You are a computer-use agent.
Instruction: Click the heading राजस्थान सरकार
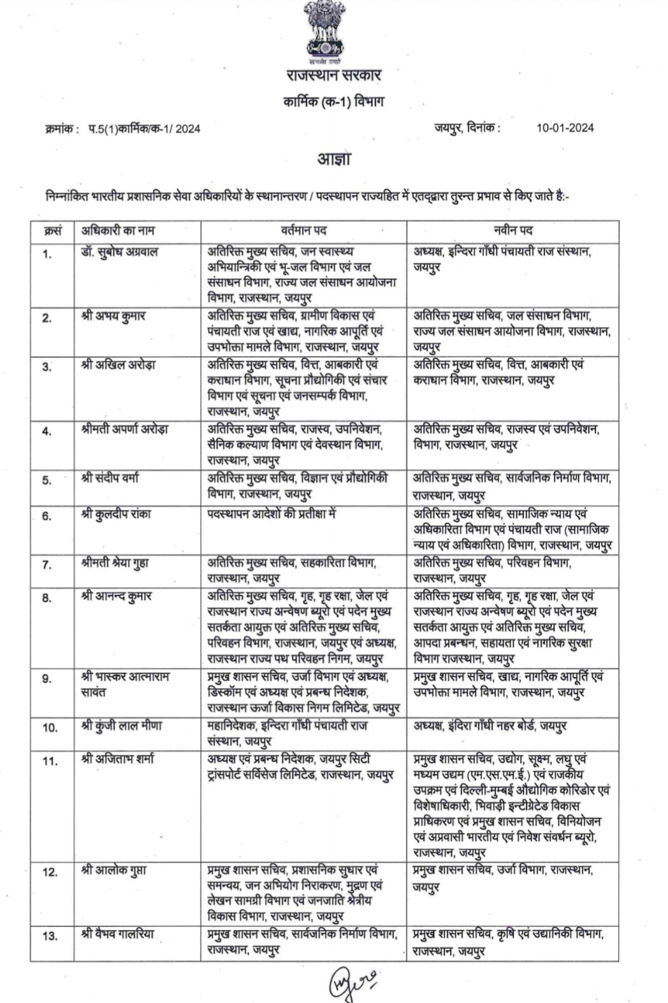click(333, 76)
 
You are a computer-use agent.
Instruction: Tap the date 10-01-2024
click(565, 128)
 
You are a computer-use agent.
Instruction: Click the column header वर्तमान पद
click(303, 230)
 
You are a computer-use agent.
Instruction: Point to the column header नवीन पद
click(513, 230)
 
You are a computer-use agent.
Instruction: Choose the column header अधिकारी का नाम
click(118, 230)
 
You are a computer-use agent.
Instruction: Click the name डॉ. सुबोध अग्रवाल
click(120, 252)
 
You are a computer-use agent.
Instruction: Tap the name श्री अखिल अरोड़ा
click(119, 366)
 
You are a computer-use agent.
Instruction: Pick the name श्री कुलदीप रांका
click(117, 514)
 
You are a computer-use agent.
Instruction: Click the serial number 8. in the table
click(47, 598)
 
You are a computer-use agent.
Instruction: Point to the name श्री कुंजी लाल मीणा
click(122, 726)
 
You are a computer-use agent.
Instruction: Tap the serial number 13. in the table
click(50, 936)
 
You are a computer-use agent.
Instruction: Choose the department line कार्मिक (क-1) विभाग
click(333, 102)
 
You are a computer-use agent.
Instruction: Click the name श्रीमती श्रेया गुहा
click(115, 564)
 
